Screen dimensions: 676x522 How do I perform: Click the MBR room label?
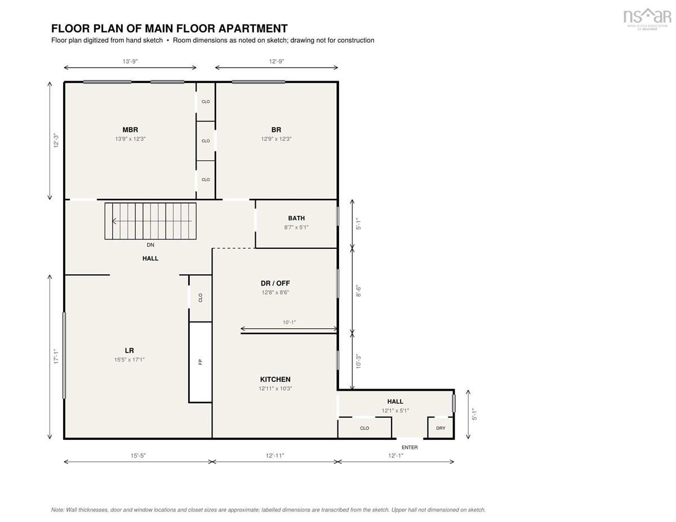click(x=130, y=130)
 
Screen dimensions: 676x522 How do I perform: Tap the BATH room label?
click(x=296, y=218)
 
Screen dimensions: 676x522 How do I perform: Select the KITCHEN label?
click(x=275, y=380)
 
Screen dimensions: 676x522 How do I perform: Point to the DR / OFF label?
click(x=275, y=283)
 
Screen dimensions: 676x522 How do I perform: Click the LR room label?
click(x=130, y=351)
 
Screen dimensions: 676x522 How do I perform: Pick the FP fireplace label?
click(x=201, y=362)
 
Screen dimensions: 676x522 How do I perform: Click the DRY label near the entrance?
click(x=441, y=428)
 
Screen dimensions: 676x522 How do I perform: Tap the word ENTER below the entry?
click(x=410, y=447)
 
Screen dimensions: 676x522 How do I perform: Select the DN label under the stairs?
click(x=150, y=245)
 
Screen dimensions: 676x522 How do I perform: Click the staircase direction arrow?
click(x=152, y=221)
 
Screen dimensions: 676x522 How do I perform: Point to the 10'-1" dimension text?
click(x=289, y=323)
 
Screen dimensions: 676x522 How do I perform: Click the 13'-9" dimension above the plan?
click(x=130, y=61)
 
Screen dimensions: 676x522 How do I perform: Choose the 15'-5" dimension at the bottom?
click(x=138, y=456)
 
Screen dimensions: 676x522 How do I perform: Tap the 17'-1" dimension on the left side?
click(x=56, y=356)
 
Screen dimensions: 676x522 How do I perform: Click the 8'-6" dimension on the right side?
click(x=359, y=291)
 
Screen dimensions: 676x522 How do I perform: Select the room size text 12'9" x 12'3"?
click(x=276, y=139)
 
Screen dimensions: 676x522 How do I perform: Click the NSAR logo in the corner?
click(x=647, y=19)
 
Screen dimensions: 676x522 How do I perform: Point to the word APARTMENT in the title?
click(x=253, y=29)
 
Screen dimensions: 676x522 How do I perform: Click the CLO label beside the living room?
click(x=201, y=298)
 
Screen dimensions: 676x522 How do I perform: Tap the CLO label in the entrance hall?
click(x=364, y=428)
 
